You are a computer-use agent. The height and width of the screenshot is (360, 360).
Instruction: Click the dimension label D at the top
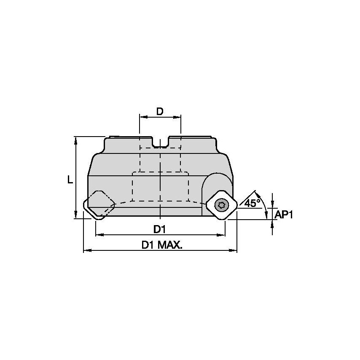click(x=160, y=111)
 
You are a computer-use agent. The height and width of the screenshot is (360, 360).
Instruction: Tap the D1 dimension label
click(x=159, y=230)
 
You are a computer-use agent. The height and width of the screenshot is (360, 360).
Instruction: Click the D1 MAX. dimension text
click(x=162, y=245)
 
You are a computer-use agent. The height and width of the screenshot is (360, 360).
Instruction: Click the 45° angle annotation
click(x=252, y=203)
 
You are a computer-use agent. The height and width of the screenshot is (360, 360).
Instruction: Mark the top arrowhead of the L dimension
click(x=76, y=140)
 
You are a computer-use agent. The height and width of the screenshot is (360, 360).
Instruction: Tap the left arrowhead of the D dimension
click(x=142, y=117)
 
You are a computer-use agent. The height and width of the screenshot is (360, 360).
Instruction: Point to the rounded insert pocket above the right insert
click(x=216, y=180)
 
